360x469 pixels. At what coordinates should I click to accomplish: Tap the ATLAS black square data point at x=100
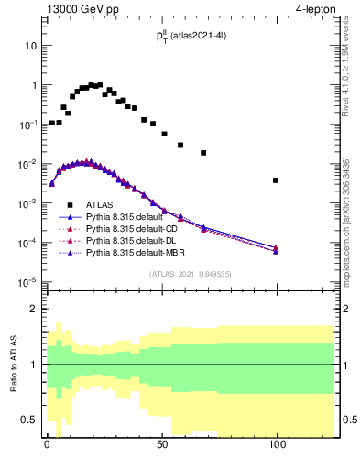276,180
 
